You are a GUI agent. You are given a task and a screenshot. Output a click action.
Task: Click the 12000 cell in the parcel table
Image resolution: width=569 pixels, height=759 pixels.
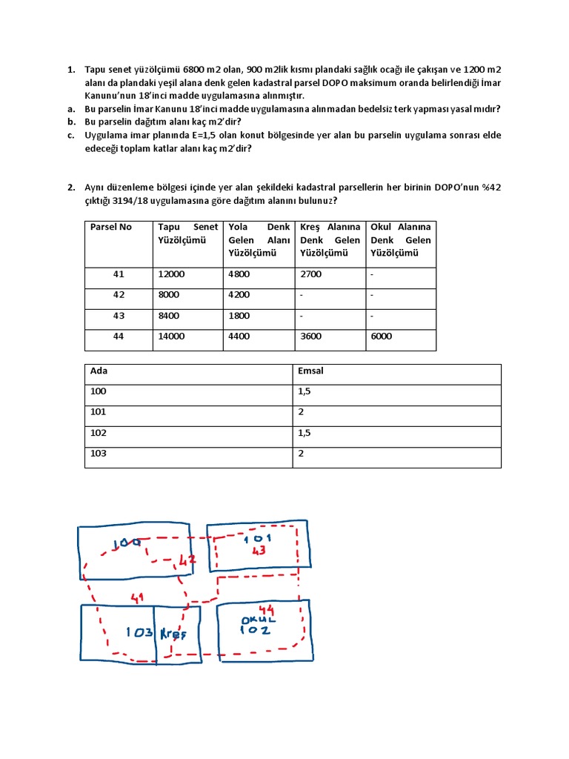click(171, 274)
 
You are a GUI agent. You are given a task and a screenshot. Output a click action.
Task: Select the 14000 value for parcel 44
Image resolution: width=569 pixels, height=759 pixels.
click(171, 337)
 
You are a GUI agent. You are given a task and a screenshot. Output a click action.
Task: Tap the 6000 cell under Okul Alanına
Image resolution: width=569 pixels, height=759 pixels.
click(382, 337)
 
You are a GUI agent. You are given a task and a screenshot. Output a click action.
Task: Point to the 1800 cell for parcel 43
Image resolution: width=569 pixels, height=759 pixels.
click(239, 316)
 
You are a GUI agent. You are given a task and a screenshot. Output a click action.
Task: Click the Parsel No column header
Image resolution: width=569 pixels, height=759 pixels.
click(110, 227)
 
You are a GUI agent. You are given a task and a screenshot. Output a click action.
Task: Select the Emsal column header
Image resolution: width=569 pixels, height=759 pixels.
click(310, 371)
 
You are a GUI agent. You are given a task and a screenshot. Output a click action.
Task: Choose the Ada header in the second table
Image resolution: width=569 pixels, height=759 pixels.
click(98, 371)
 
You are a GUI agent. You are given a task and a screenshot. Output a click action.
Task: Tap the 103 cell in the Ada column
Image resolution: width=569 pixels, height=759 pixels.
click(98, 453)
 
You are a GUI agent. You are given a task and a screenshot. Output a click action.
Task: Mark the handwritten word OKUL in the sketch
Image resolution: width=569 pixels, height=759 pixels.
click(259, 618)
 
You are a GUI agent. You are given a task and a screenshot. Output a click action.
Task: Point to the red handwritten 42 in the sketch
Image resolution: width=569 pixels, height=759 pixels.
click(186, 561)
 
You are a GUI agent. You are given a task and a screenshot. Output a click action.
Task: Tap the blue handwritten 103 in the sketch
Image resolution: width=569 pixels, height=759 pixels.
click(139, 633)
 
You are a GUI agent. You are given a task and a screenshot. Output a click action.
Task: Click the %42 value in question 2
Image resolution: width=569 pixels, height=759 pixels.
click(490, 188)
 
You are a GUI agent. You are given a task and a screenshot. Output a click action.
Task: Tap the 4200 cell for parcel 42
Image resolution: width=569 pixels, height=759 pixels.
click(239, 295)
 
